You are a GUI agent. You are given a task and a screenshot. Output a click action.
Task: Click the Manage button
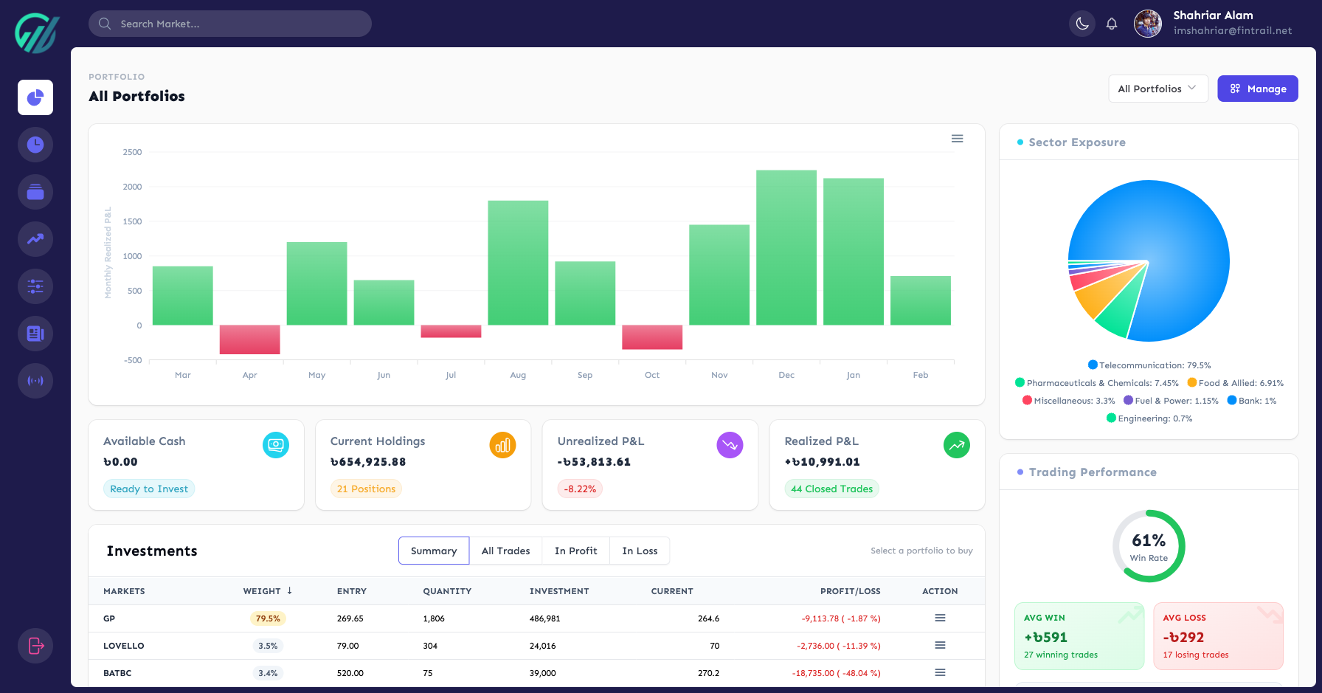(x=1257, y=89)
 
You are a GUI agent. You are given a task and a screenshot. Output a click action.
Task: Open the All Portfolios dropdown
(x=1157, y=89)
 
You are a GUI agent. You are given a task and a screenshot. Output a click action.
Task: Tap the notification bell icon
(x=1112, y=24)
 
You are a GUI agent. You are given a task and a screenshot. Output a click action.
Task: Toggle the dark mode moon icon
(x=1082, y=24)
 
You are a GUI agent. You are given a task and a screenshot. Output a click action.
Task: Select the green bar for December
(x=786, y=247)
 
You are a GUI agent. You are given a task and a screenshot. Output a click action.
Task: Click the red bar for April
(x=249, y=339)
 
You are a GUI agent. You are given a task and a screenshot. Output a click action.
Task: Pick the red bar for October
(x=652, y=337)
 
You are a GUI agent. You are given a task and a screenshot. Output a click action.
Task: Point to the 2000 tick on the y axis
(x=133, y=187)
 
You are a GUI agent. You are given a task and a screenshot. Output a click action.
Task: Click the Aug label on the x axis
(x=518, y=375)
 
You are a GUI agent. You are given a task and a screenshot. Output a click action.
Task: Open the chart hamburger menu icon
(x=957, y=139)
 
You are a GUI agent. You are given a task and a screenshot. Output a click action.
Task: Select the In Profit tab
(x=575, y=551)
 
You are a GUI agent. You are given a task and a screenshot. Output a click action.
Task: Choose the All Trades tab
(x=505, y=551)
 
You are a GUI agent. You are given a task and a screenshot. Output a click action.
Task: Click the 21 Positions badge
(x=366, y=489)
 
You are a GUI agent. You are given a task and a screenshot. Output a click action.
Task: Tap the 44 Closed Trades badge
(x=831, y=489)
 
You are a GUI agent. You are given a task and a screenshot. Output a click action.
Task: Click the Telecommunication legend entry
(x=1149, y=365)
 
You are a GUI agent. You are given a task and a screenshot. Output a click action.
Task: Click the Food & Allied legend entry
(x=1236, y=383)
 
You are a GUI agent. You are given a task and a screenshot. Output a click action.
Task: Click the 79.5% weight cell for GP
(x=268, y=618)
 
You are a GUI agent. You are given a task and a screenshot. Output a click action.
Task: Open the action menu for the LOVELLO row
(x=940, y=645)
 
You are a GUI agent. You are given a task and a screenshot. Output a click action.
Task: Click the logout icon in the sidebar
(x=35, y=646)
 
